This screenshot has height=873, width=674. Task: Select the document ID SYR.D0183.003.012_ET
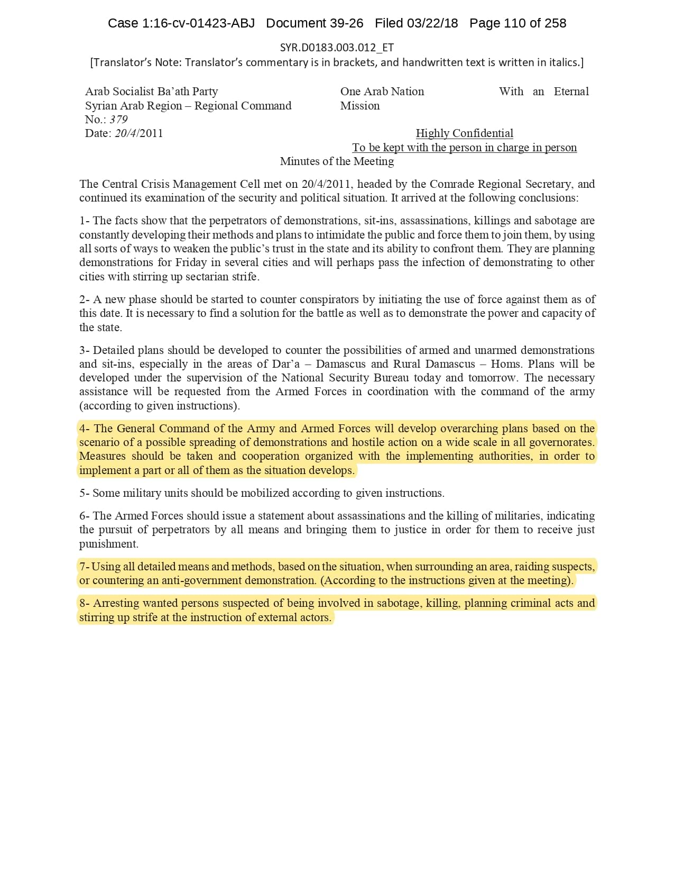[337, 48]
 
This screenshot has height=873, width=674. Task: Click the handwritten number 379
[119, 120]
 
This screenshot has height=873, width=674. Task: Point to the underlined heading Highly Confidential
[464, 133]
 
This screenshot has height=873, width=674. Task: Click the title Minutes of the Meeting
[337, 161]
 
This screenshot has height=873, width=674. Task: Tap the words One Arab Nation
[382, 92]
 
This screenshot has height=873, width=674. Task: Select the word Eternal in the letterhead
[571, 92]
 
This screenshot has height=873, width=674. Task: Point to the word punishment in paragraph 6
[108, 544]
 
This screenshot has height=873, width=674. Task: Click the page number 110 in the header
[514, 23]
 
